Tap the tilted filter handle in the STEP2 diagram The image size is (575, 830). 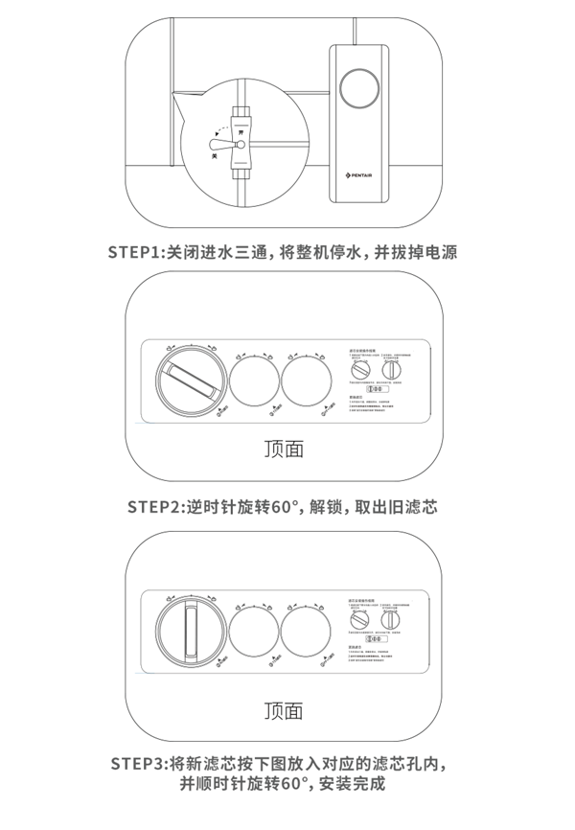[192, 382]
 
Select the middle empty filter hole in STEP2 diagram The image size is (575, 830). [254, 381]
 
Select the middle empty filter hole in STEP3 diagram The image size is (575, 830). [254, 633]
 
